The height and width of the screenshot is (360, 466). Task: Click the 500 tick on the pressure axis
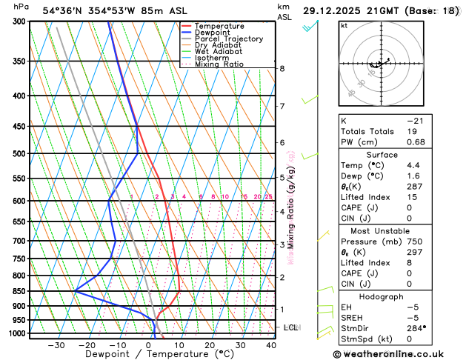coord(17,153)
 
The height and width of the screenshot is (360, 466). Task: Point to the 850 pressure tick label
coord(17,291)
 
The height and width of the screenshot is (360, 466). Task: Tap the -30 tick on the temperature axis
coord(56,344)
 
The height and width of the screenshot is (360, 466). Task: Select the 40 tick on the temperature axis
coord(270,344)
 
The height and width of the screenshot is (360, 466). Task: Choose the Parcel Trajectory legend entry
coord(228,39)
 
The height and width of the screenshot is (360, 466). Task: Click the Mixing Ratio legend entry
coord(219,64)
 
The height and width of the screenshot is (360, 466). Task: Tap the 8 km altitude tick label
coord(282,69)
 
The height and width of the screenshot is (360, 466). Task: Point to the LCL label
coord(290,327)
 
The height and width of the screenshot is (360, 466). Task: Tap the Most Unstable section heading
coord(397,230)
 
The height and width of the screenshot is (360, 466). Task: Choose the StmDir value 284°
coord(416,327)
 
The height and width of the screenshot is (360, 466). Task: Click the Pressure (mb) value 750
coord(414,241)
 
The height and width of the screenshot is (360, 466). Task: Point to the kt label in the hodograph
coord(344,25)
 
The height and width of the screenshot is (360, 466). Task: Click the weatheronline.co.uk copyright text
coord(399,353)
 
